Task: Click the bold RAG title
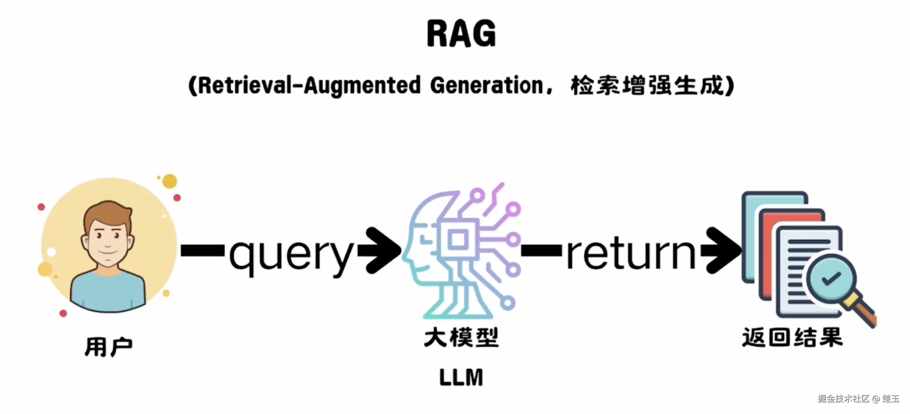click(461, 34)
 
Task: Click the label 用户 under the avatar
click(108, 347)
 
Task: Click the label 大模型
click(461, 337)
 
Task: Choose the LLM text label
click(461, 377)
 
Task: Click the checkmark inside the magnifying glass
click(831, 278)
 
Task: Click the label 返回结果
click(792, 337)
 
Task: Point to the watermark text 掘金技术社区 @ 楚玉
click(858, 398)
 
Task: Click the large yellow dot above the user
click(169, 181)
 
